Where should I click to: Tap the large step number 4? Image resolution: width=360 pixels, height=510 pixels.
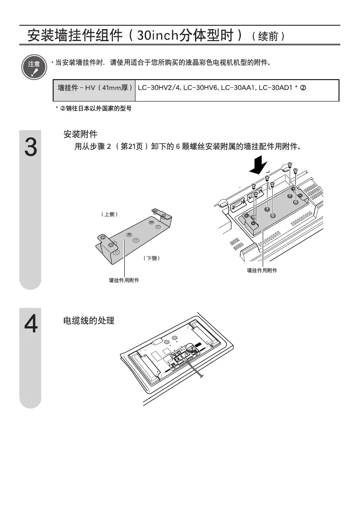pos(30,324)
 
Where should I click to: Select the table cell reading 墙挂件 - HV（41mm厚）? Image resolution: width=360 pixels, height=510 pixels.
pos(94,88)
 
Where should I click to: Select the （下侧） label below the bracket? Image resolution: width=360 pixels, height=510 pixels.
pos(152,258)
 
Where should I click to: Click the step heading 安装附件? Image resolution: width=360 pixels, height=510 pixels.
pos(81,134)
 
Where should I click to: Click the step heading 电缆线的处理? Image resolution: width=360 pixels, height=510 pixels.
pos(89,320)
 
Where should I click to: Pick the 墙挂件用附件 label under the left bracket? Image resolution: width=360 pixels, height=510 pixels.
pos(124,280)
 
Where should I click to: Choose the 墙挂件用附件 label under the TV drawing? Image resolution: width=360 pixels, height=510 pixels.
pos(262,271)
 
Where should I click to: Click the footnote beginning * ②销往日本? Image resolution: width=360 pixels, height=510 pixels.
pos(93,109)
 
